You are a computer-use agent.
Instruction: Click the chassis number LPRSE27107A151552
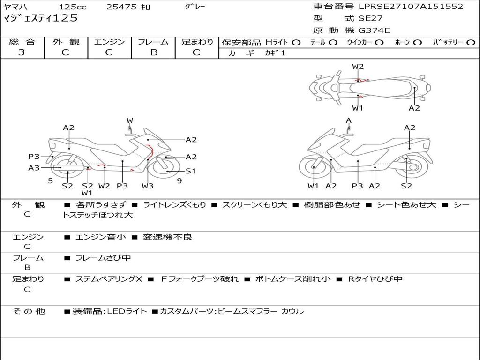(411, 7)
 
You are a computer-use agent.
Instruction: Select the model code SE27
(370, 19)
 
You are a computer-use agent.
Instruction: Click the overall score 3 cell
(22, 52)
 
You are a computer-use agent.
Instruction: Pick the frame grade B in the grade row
(153, 52)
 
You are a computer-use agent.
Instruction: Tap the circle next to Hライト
(296, 43)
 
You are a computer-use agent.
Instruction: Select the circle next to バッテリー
(471, 43)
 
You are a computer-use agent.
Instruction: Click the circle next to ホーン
(417, 43)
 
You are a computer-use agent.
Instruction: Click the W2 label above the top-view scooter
(358, 67)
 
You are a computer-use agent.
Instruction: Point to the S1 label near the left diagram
(191, 171)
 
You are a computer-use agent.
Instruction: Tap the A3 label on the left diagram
(34, 168)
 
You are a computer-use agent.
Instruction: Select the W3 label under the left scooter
(148, 186)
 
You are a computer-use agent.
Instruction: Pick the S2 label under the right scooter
(406, 186)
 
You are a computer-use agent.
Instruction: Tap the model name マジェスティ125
(40, 18)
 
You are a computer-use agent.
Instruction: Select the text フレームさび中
(103, 258)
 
